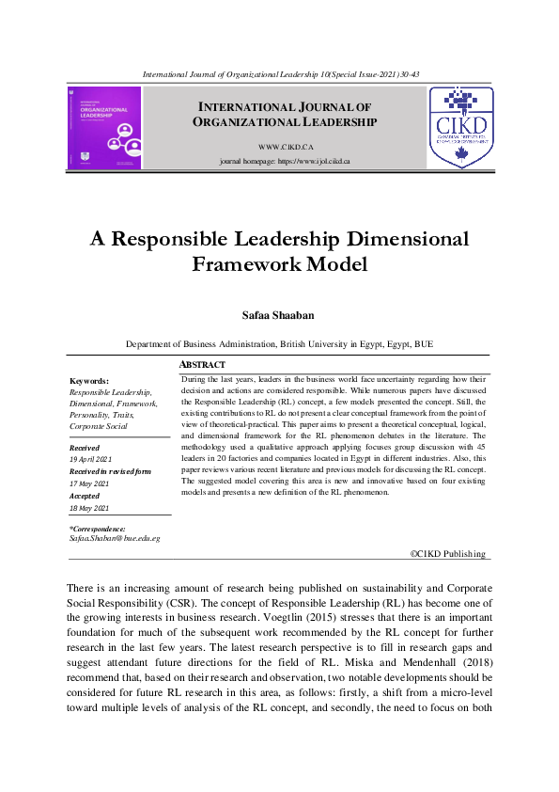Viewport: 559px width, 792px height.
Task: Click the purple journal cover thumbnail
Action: (104, 128)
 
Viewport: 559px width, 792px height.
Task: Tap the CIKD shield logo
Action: (460, 128)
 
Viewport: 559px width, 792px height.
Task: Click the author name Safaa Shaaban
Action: (279, 315)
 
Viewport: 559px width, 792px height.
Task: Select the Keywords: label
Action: (89, 380)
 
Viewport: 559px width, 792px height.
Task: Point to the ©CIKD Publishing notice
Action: (449, 554)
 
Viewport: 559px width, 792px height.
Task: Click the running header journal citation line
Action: (279, 73)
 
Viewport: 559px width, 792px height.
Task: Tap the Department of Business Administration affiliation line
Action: (279, 344)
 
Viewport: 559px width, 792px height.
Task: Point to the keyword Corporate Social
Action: (99, 426)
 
